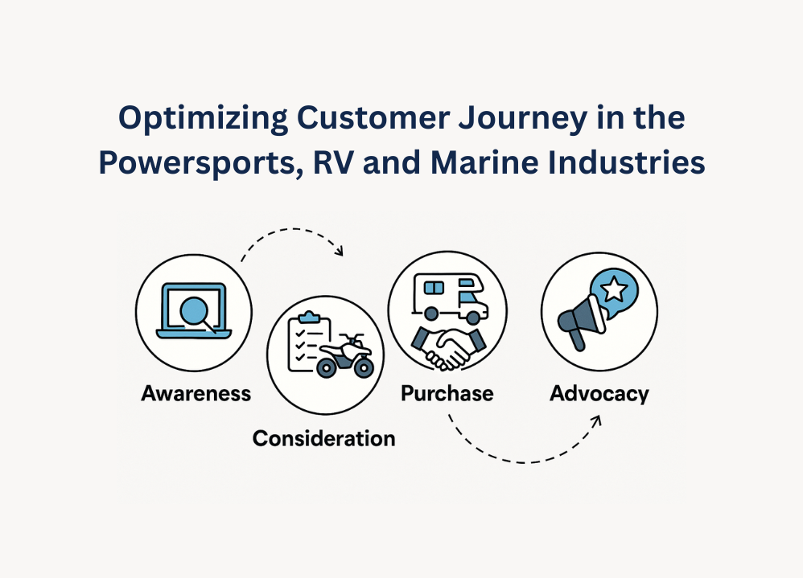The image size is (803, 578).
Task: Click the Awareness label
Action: pos(196,393)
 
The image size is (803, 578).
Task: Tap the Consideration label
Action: pos(323,438)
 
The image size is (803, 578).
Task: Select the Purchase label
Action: pos(447,393)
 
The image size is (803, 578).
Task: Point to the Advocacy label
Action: pos(599,394)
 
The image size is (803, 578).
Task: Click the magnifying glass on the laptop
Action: pos(196,314)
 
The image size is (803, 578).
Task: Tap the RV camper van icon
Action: pos(450,298)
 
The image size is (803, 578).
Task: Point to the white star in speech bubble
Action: pos(614,289)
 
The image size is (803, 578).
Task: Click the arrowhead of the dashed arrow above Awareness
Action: pos(339,250)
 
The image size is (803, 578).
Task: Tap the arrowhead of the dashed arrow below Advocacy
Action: pos(595,421)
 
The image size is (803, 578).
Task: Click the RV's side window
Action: pos(434,288)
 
